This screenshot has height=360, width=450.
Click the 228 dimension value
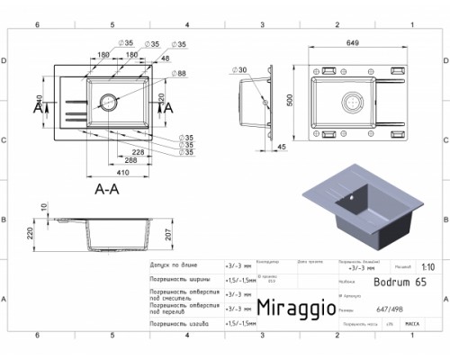click(136, 153)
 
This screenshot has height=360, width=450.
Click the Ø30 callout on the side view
click(241, 69)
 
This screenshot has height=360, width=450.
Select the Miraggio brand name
click(295, 306)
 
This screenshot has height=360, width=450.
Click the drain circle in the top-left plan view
click(109, 103)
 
